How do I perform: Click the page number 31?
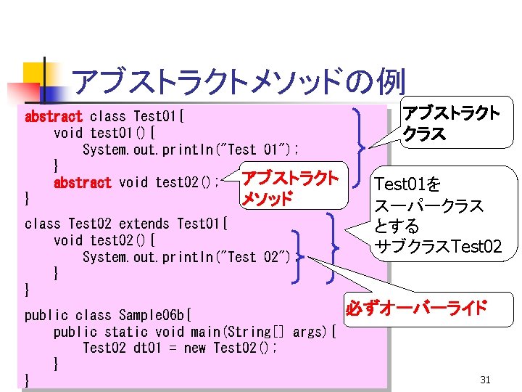486,380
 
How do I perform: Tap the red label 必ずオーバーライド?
416,308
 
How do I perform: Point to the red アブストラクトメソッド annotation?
289,188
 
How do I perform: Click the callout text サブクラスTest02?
436,247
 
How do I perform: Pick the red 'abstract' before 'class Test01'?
54,116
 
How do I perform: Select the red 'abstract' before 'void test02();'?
83,182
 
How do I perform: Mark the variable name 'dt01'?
148,348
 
